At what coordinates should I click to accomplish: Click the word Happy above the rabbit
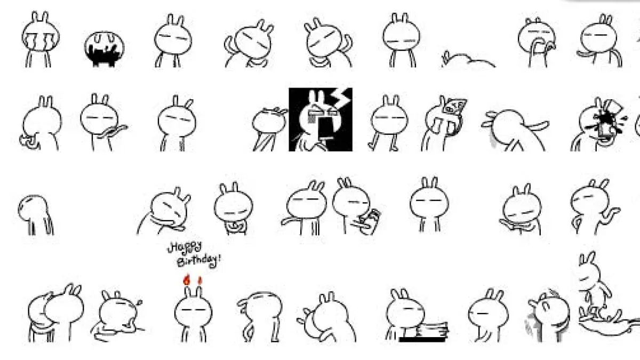tap(185, 247)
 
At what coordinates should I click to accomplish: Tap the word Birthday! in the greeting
tap(199, 261)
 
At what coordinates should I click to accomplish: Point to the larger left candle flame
tap(187, 279)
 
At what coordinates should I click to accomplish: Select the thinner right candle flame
tap(199, 281)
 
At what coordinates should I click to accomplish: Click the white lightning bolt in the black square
tap(342, 98)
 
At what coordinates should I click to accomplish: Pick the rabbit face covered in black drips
tap(105, 49)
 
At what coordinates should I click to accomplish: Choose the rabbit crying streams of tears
tap(41, 39)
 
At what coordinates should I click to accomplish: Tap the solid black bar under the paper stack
tap(422, 339)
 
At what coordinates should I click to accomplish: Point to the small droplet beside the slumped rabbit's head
tap(139, 302)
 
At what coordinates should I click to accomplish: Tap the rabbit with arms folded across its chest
tap(234, 209)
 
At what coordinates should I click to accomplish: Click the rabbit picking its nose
tap(537, 42)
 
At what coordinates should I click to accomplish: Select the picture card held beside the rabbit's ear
tap(454, 107)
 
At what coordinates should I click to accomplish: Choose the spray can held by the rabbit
tap(371, 221)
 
